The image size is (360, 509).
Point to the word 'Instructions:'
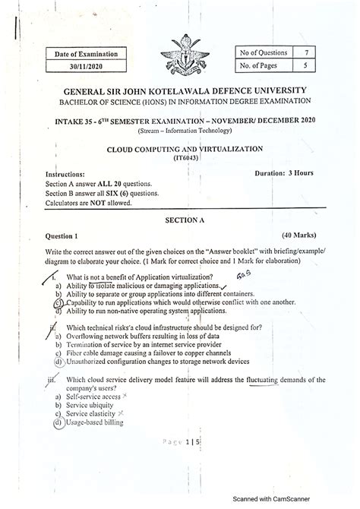[70, 174]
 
